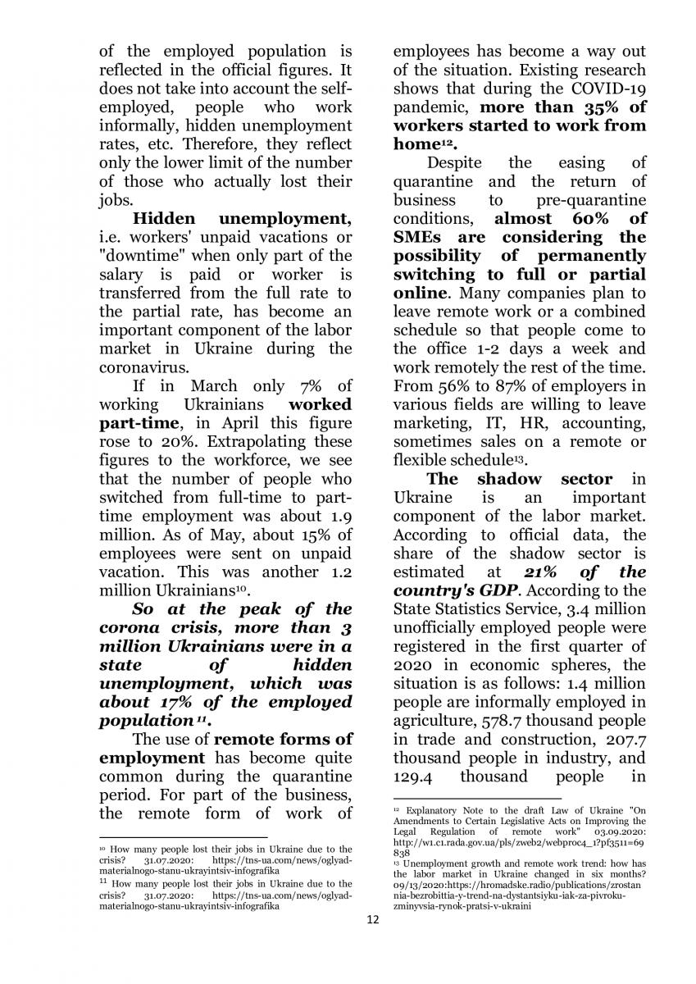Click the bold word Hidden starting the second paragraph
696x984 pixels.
164,219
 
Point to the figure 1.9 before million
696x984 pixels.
337,516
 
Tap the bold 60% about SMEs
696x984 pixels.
579,219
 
